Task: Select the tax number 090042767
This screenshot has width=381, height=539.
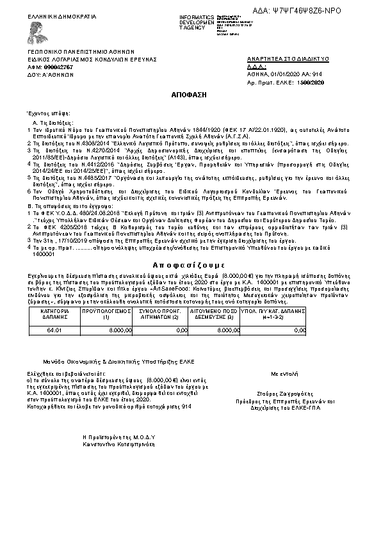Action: coord(59,67)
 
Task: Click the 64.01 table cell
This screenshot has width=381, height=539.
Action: coord(54,330)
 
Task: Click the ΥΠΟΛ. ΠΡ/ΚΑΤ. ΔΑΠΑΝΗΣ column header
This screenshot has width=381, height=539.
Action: coord(275,314)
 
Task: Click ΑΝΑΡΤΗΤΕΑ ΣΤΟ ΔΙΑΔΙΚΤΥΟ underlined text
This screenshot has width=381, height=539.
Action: coord(288,59)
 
